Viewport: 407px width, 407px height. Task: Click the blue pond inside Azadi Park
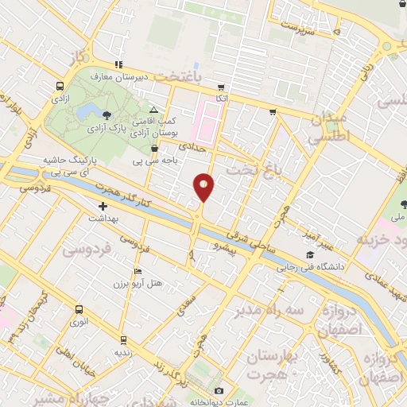(x=92, y=109)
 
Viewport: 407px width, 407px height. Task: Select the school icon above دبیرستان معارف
(x=118, y=65)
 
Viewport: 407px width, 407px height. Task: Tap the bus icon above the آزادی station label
(x=60, y=87)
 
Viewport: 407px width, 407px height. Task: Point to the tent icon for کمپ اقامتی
(x=153, y=110)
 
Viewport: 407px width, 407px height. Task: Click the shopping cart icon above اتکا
(x=221, y=87)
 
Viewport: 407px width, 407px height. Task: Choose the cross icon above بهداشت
(x=103, y=206)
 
